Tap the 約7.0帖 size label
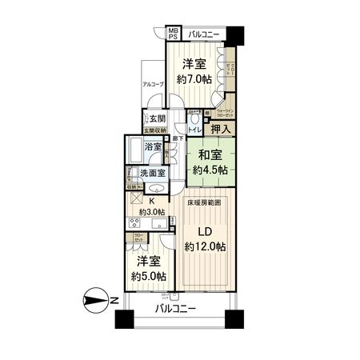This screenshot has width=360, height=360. tap(194, 79)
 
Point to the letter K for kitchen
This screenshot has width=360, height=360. tap(151, 202)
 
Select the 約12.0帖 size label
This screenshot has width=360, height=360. tap(203, 246)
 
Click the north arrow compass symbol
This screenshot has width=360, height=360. tap(98, 302)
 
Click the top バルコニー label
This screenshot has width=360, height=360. tap(206, 34)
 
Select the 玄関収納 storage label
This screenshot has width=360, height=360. tap(154, 130)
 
